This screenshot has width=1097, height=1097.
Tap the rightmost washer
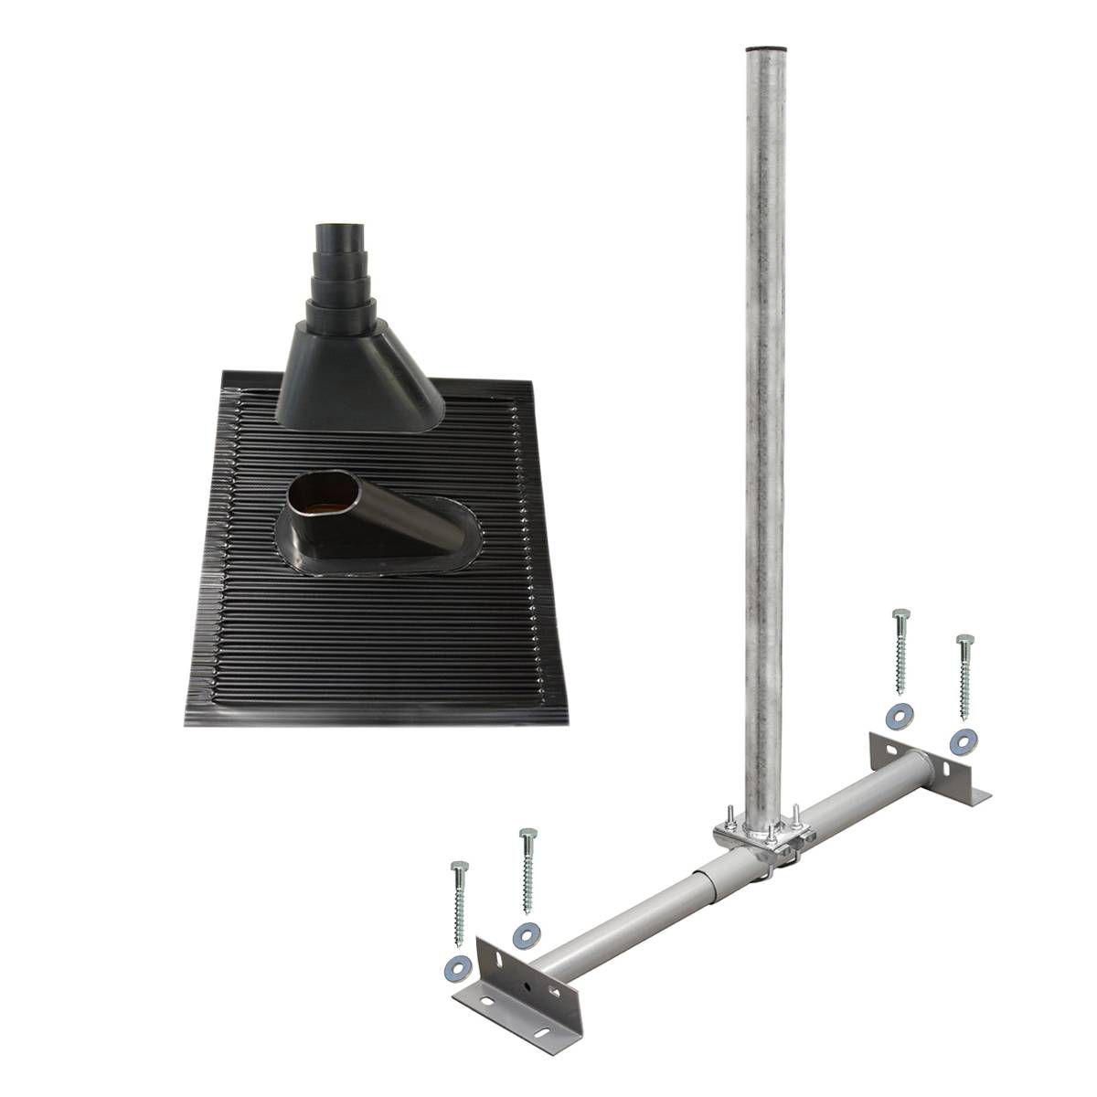960,740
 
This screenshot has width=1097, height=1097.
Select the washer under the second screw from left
524,933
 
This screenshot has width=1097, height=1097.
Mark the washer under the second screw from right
897,715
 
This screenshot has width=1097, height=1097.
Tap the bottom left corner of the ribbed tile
187,723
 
